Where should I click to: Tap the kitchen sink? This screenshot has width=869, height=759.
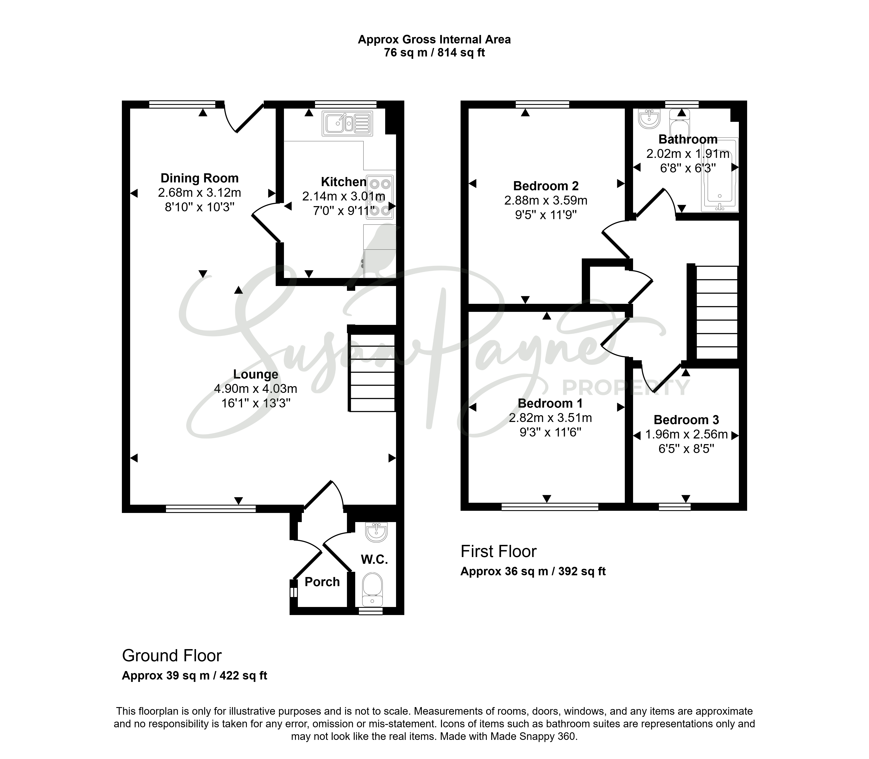[x=347, y=123]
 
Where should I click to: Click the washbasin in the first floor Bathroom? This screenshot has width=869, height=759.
[x=649, y=119]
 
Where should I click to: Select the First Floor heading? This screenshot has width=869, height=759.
[x=498, y=551]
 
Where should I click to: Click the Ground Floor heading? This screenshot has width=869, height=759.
[x=172, y=656]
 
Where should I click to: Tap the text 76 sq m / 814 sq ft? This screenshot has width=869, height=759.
[x=434, y=53]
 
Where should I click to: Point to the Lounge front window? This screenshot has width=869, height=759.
[x=211, y=509]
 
